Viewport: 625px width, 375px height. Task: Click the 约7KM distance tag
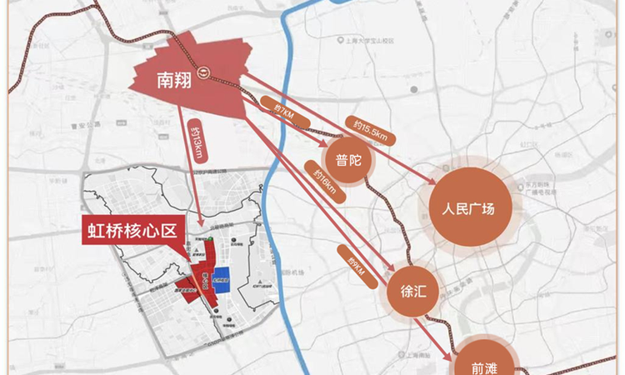277,107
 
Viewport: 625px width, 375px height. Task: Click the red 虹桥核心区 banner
133,230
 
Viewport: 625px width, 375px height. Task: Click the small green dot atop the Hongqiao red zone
211,240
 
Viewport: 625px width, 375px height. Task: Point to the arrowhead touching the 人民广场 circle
435,185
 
